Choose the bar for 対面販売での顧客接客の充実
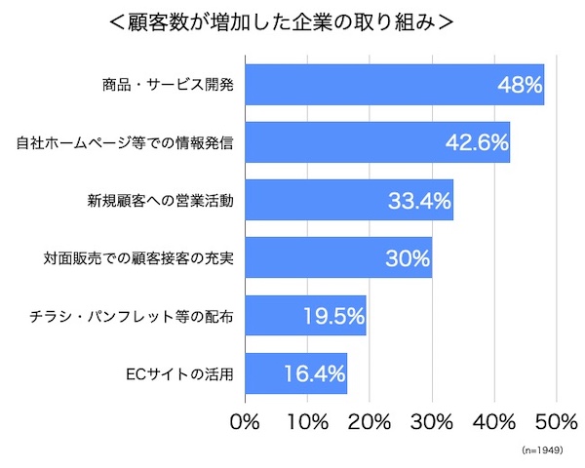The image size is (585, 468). coord(337,258)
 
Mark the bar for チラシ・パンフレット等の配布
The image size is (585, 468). coord(304,316)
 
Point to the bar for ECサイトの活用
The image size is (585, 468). coord(295,373)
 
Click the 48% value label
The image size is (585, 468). coord(519,86)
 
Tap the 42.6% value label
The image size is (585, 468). coord(477,143)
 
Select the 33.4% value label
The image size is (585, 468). coord(419,202)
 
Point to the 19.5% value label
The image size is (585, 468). coord(332,317)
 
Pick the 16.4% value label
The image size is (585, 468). coord(314,374)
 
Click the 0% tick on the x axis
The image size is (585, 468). coord(244,422)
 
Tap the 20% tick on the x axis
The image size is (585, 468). coord(370,422)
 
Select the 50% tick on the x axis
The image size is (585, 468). coord(557,422)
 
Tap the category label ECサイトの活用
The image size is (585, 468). coord(180,374)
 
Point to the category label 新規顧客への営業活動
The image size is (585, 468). coord(161,202)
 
